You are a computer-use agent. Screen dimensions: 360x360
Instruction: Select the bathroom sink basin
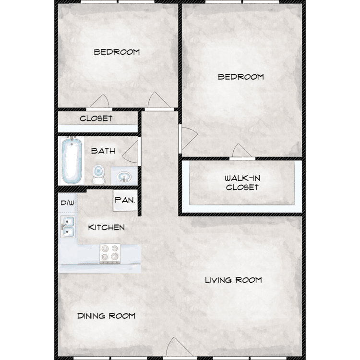(124, 177)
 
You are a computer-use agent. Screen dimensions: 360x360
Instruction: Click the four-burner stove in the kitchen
(110, 253)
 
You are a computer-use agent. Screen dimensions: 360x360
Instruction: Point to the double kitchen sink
(68, 227)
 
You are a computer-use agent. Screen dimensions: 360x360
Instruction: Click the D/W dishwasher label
(68, 203)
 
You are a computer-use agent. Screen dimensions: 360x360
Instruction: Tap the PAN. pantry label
(125, 200)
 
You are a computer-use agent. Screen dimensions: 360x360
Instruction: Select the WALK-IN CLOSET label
(242, 183)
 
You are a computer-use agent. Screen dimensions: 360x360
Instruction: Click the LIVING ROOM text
(233, 280)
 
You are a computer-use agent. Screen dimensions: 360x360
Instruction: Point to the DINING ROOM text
(106, 316)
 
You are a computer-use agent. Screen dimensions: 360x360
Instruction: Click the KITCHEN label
(106, 228)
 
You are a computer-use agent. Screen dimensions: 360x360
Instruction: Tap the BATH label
(103, 151)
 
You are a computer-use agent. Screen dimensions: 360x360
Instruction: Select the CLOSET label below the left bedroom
(96, 119)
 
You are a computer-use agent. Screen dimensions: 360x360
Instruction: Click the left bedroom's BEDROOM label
(117, 52)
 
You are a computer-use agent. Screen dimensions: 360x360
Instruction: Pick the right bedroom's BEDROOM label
(241, 77)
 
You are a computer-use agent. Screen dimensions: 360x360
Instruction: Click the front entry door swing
(180, 348)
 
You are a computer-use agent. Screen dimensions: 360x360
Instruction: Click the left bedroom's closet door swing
(99, 101)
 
